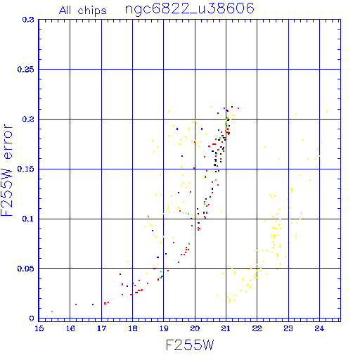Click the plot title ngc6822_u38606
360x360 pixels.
(190, 9)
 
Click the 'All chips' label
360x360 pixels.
(83, 11)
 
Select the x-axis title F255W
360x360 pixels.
(190, 345)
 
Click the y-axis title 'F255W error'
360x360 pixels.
(6, 170)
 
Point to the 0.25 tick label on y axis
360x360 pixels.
(26, 70)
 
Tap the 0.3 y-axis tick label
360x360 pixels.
(28, 20)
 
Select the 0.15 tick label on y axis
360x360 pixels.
(26, 169)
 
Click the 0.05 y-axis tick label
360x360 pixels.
(26, 269)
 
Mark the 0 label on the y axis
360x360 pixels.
(32, 319)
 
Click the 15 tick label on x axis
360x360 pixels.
(39, 328)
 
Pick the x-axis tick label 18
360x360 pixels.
(133, 328)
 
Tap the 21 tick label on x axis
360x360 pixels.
(226, 328)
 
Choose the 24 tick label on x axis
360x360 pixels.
(319, 328)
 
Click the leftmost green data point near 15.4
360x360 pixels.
(52, 311)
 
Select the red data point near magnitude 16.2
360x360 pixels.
(76, 304)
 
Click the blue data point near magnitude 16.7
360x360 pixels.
(93, 304)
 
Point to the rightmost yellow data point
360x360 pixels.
(327, 112)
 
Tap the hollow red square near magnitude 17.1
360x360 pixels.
(105, 304)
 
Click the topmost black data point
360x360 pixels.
(232, 107)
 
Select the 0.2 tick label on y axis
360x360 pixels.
(28, 119)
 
